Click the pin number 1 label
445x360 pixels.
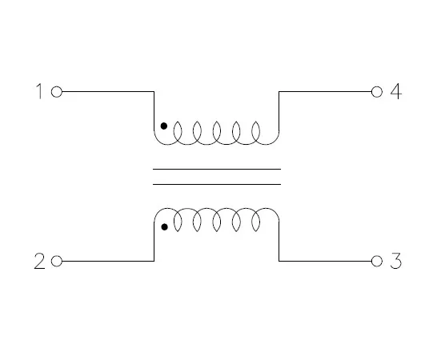pos(39,91)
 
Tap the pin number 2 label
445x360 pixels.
pos(39,261)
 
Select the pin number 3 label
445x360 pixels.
pos(396,261)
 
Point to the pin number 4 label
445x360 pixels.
pos(396,91)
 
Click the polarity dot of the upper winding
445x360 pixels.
pos(164,126)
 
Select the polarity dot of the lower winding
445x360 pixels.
pos(164,227)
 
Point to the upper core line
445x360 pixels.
pos(217,169)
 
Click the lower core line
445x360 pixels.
pos(217,184)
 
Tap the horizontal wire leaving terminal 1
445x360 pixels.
pos(108,92)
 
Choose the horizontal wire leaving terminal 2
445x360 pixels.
pos(108,261)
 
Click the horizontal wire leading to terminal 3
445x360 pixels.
pos(325,261)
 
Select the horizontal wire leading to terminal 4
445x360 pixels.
pos(325,92)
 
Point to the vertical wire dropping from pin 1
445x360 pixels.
pos(154,111)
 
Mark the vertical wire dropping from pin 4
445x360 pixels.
pos(279,111)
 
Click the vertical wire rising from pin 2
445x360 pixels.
pos(154,241)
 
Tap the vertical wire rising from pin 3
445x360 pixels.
pos(279,241)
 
